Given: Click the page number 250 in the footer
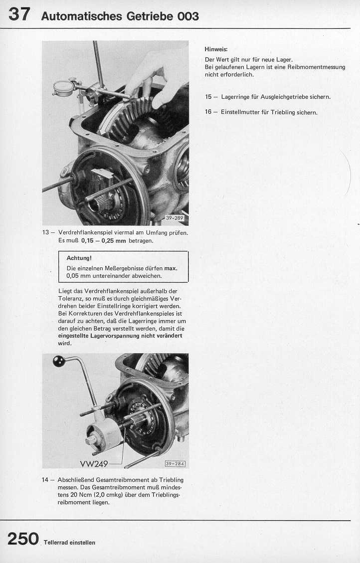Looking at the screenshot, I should (23, 539).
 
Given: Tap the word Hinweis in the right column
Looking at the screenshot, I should (215, 49).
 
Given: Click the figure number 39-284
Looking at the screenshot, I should (175, 464).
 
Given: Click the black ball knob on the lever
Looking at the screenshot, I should (59, 361).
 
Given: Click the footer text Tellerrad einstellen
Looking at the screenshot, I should (69, 542).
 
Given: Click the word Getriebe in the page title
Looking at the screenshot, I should (150, 16).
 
